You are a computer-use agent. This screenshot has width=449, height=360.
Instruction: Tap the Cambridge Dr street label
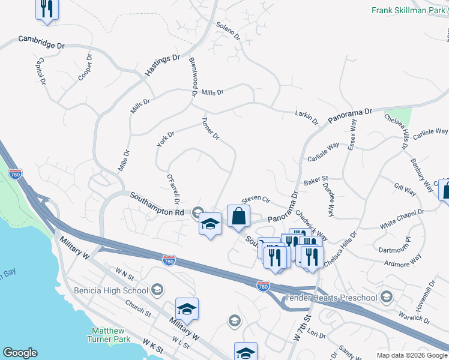coord(41,42)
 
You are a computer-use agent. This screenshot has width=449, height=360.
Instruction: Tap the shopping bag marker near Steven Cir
coord(238,216)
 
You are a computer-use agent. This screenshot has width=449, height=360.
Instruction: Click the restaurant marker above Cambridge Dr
coord(47,9)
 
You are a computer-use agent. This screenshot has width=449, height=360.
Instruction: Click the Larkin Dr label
coord(307,117)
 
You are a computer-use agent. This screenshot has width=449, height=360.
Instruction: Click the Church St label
coord(138,309)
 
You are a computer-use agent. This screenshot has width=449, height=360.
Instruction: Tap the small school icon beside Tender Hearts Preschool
coord(386,297)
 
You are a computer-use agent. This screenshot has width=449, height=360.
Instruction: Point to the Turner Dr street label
coord(211,128)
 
